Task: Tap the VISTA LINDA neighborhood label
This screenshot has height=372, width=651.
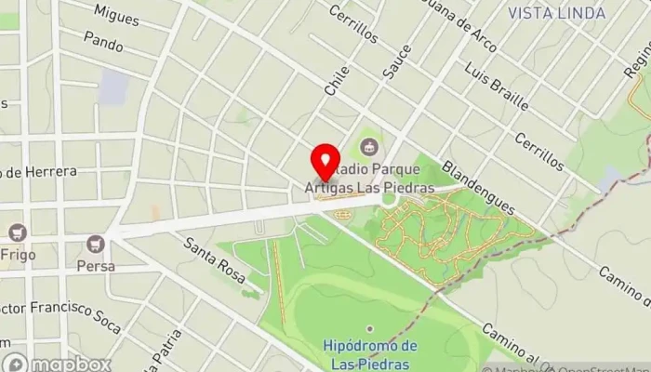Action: click(x=557, y=13)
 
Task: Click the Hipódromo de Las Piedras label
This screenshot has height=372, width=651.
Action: click(x=370, y=353)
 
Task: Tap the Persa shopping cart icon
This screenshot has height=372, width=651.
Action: click(x=94, y=244)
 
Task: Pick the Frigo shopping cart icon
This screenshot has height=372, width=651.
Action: click(x=16, y=232)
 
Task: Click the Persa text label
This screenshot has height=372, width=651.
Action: click(x=97, y=265)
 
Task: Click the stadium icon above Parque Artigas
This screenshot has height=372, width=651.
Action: click(x=369, y=147)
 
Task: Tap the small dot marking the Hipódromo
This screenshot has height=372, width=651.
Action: click(x=370, y=328)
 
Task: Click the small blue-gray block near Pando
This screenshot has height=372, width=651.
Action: click(x=114, y=86)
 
